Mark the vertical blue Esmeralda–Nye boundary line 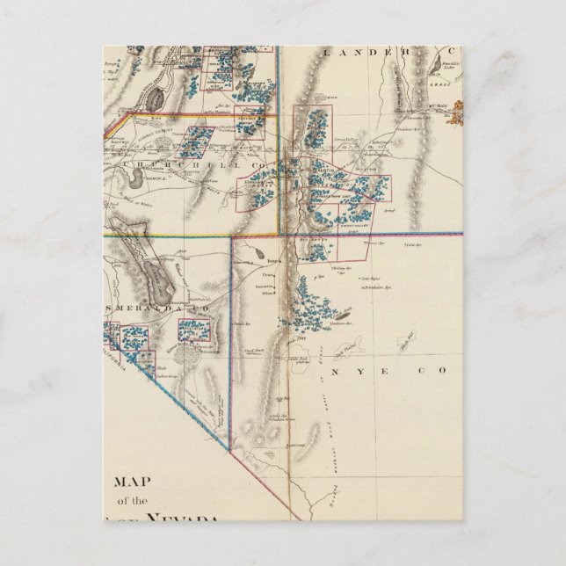230,334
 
